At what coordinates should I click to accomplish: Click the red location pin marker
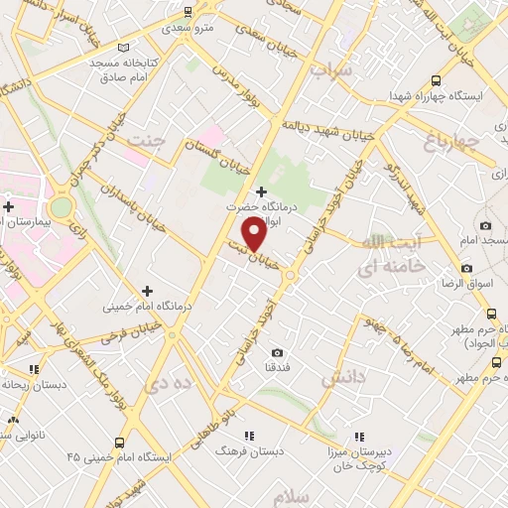tap(255, 234)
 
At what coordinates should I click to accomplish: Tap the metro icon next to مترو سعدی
tap(188, 12)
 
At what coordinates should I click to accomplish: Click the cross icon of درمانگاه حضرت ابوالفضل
tap(261, 190)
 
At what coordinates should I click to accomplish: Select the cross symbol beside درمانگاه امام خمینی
tap(147, 291)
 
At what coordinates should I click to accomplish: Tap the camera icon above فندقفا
tap(277, 352)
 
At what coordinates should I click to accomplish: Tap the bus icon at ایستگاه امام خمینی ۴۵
tap(120, 443)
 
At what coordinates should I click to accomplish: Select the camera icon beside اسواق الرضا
tap(466, 268)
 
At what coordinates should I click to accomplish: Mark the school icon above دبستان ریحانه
tap(34, 369)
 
